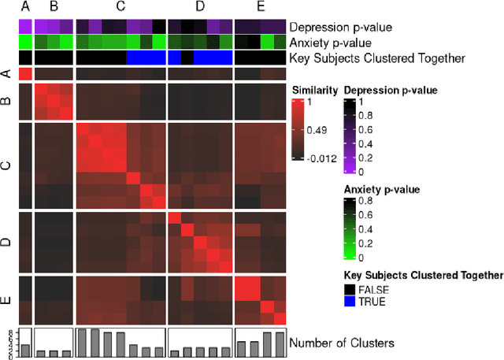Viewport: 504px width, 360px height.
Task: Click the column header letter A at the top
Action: pos(25,6)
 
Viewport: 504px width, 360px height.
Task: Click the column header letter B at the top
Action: pos(54,6)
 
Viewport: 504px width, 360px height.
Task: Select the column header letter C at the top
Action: pos(120,6)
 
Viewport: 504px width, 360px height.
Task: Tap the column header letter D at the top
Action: pos(200,6)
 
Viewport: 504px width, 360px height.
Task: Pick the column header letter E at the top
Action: pos(261,6)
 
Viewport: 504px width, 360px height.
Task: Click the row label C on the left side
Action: pos(7,165)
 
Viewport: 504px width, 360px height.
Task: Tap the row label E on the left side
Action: pos(7,299)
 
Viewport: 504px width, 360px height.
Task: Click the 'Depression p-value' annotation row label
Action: pos(341,26)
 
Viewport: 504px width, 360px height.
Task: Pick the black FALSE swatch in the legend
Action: pos(350,289)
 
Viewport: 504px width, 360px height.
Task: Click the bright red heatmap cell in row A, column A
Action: pos(25,74)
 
